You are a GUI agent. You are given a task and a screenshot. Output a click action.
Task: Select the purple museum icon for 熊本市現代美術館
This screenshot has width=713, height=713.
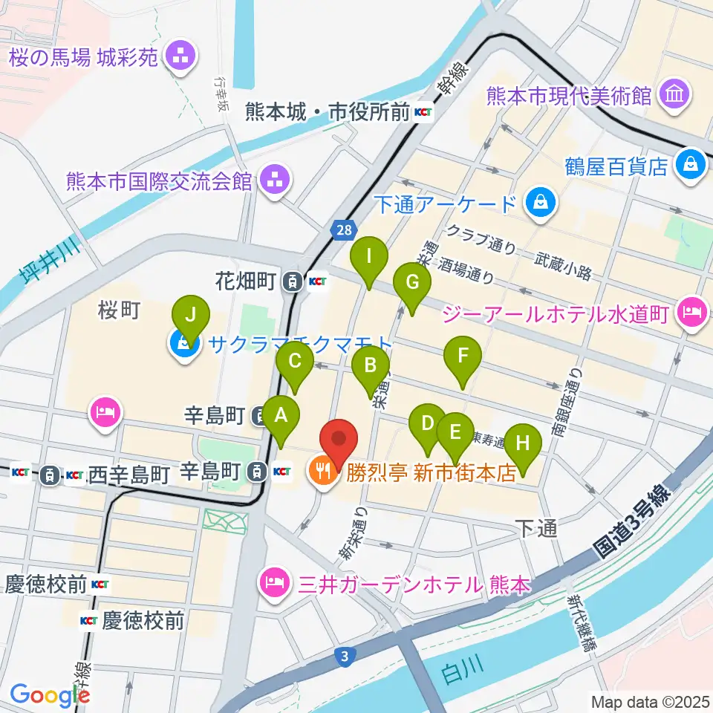point(676,95)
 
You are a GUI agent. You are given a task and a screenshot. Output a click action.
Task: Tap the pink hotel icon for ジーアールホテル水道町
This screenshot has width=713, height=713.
point(691,311)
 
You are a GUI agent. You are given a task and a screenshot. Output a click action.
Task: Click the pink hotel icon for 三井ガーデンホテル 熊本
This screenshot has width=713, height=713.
point(273,582)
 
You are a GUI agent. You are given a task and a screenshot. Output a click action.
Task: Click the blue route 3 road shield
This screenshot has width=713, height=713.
point(343,656)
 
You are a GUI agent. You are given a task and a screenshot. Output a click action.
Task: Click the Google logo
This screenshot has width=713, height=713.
point(49,694)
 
